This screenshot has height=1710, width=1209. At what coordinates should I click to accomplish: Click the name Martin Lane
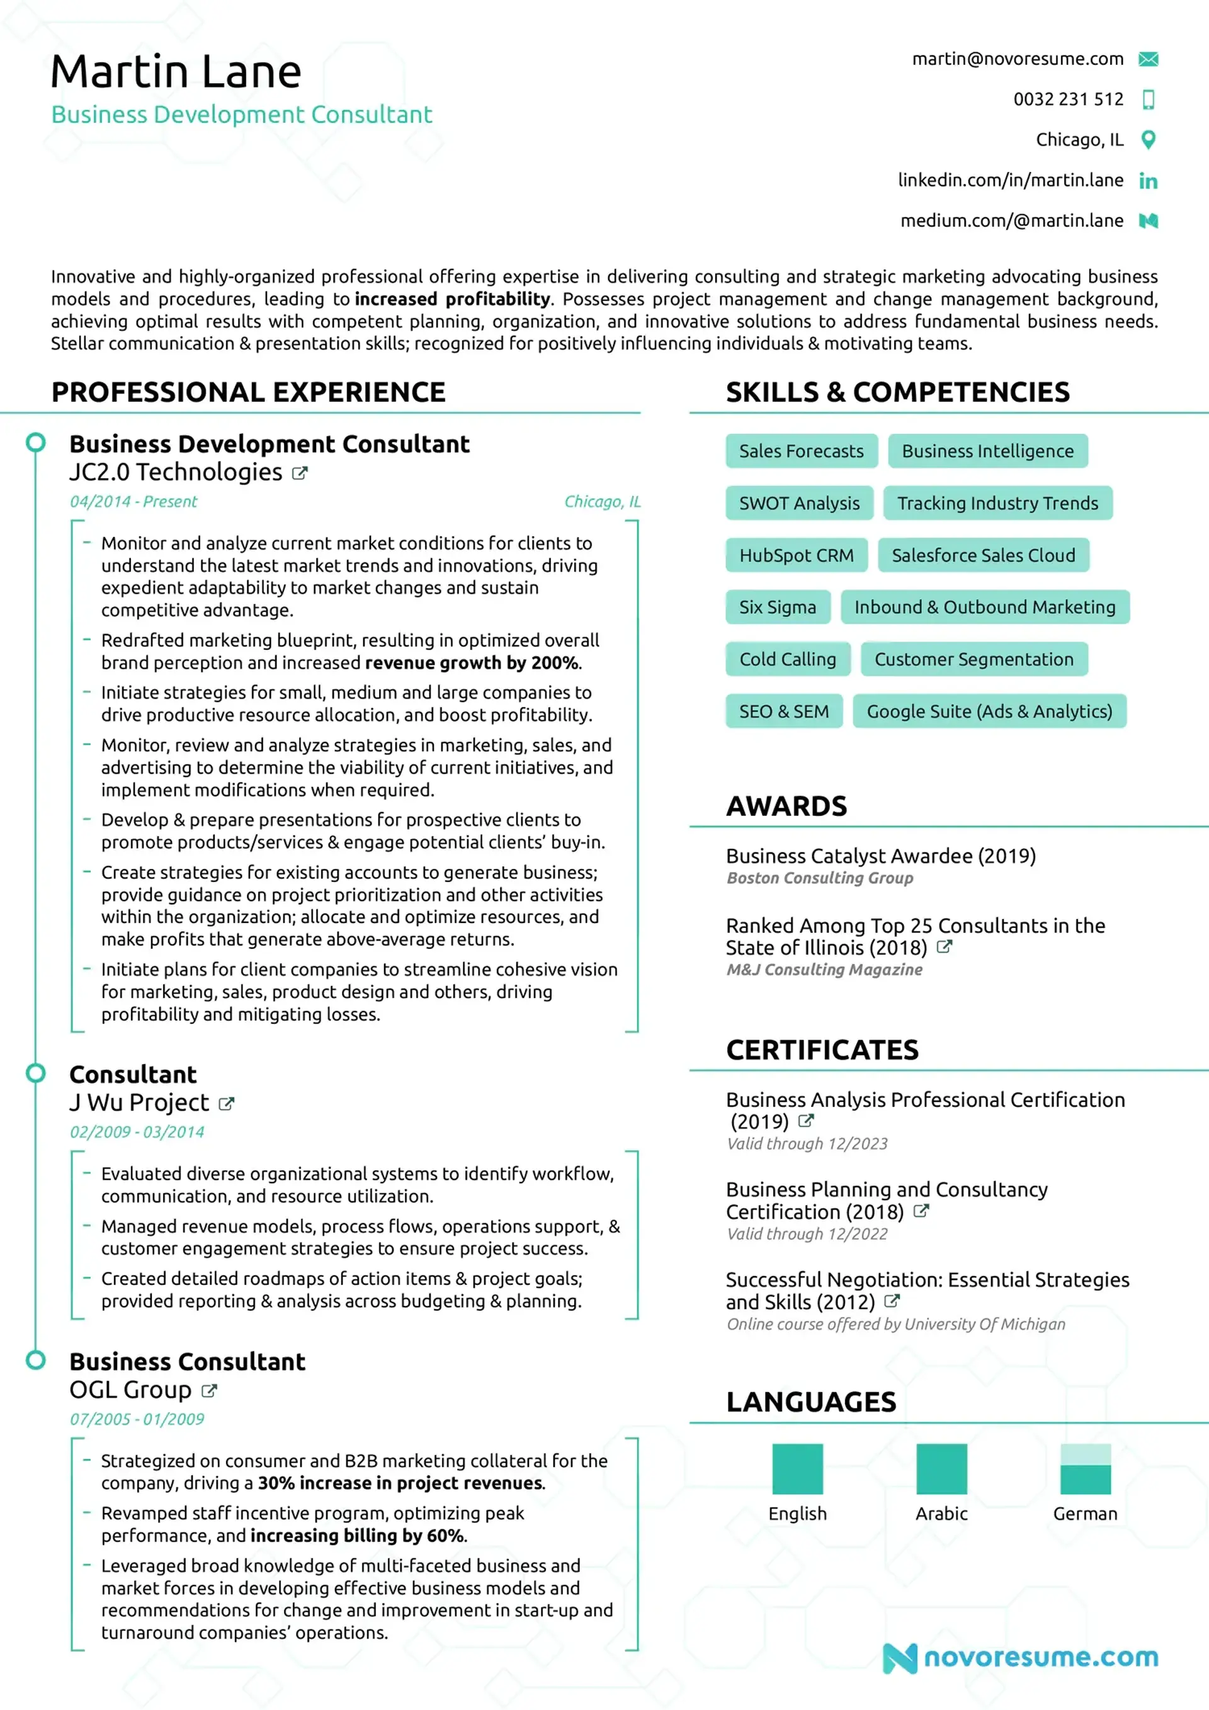click(x=176, y=72)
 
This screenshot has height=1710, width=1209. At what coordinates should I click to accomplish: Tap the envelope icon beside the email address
click(x=1148, y=59)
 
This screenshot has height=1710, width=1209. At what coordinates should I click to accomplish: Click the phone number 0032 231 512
click(x=1067, y=99)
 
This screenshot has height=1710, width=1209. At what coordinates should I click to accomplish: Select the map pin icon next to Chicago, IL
click(x=1148, y=139)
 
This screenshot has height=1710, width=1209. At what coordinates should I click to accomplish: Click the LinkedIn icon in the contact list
click(x=1148, y=180)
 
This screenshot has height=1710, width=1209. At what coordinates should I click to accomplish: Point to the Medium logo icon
click(x=1148, y=220)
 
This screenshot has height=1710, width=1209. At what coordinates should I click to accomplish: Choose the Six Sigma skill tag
click(x=777, y=607)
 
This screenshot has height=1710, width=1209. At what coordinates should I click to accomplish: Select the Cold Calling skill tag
click(x=787, y=659)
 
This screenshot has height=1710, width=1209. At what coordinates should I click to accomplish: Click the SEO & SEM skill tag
click(x=784, y=711)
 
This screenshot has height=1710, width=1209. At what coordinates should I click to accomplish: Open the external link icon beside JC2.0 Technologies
click(x=300, y=473)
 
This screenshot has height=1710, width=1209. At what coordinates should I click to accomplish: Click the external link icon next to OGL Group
click(x=209, y=1391)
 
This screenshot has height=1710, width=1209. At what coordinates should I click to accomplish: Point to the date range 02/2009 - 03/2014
click(x=137, y=1132)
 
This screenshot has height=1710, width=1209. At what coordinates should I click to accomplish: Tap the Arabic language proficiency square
click(x=941, y=1469)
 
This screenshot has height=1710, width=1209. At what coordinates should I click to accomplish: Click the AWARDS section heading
click(x=786, y=806)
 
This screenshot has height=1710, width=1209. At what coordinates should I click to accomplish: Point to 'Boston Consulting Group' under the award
click(x=819, y=878)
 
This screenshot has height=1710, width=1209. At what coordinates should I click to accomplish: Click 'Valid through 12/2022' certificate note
click(x=807, y=1234)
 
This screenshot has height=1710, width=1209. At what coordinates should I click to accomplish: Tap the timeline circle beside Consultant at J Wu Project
click(x=36, y=1073)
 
